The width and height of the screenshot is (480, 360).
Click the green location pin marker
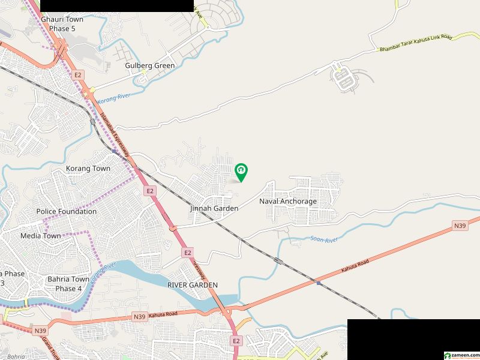coord(241,172)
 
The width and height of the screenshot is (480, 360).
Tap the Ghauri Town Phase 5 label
coord(62,23)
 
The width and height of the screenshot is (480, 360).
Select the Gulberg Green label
coord(150,65)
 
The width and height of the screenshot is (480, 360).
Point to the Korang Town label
coord(88,169)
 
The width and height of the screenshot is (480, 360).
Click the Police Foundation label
coord(66,211)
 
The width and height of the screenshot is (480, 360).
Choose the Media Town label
coord(40,236)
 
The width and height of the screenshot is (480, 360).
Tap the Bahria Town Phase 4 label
coord(68,284)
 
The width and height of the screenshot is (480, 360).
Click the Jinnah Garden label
coord(214,208)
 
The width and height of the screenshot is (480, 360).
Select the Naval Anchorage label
coord(288,202)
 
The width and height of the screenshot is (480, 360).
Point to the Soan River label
coord(325,239)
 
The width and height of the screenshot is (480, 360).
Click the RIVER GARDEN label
coord(193,284)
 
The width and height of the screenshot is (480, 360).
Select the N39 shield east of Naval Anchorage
coord(460,226)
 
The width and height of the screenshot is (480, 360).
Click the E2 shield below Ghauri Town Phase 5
coord(77,74)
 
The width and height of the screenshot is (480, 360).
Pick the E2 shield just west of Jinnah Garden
coord(150,191)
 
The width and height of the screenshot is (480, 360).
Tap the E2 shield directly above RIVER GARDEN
coord(188,253)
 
